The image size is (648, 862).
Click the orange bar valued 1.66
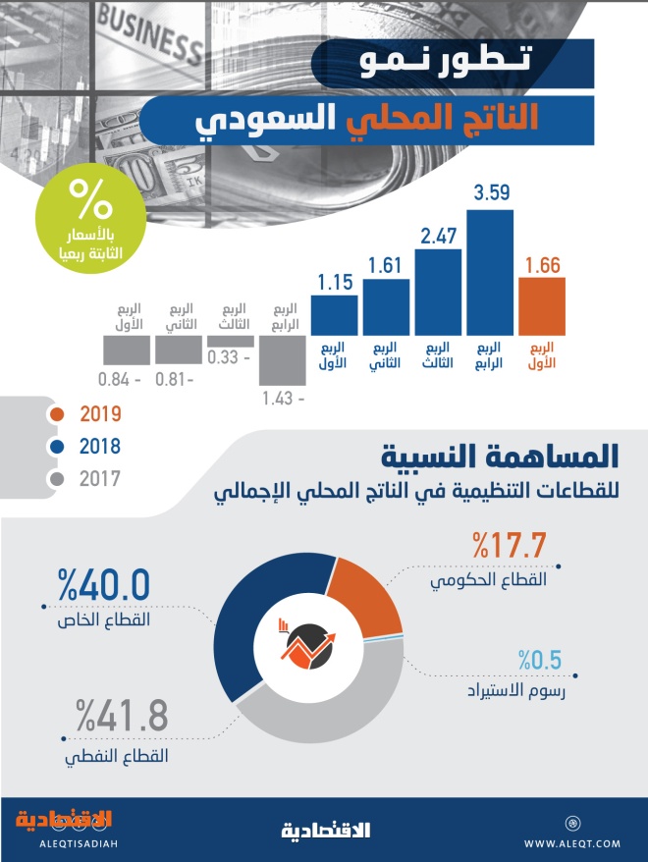[x=541, y=306]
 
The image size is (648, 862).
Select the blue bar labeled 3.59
[x=490, y=273]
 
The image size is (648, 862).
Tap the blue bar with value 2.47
[x=438, y=292]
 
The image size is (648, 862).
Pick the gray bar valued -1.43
[x=283, y=360]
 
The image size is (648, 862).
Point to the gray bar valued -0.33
[x=231, y=342]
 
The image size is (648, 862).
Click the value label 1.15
[x=335, y=283]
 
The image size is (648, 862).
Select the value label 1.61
[x=385, y=265]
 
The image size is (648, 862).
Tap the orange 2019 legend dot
[x=57, y=414]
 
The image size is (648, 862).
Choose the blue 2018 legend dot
[x=57, y=447]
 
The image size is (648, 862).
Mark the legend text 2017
[x=99, y=479]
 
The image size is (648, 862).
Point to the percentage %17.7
[x=510, y=545]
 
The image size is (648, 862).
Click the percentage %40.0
[x=104, y=585]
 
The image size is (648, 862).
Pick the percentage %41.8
[x=122, y=716]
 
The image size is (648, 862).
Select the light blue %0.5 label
[x=540, y=660]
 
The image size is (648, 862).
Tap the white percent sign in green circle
[x=90, y=198]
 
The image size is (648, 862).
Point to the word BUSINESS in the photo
[x=149, y=34]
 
